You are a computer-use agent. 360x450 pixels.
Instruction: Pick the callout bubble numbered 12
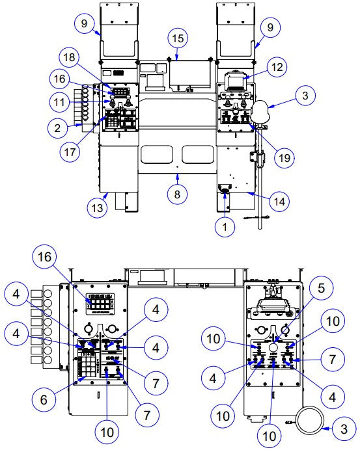coord(277,66)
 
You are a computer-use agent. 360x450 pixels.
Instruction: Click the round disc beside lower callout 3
coord(310,419)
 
